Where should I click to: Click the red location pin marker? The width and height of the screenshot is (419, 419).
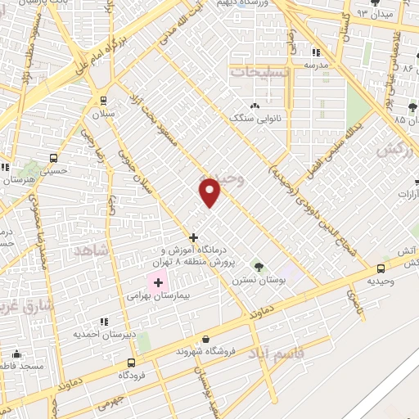tap(210, 191)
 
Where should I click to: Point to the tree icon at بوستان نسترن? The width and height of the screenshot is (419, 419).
tap(259, 267)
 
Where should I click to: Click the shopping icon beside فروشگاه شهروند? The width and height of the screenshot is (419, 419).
tap(205, 338)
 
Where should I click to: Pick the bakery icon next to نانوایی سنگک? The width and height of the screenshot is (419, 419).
tap(255, 106)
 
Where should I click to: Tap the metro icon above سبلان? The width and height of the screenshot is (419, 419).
tap(103, 100)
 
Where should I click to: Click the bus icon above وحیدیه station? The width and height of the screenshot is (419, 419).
tap(381, 268)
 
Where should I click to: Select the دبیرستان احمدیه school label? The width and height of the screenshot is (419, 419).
tap(104, 334)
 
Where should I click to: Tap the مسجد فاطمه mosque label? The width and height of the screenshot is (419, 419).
tap(18, 367)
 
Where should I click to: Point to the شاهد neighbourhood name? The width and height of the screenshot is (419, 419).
tap(91, 250)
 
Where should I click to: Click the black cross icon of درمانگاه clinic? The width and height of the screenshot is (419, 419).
tap(193, 237)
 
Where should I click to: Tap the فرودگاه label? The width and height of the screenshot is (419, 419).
tap(131, 375)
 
